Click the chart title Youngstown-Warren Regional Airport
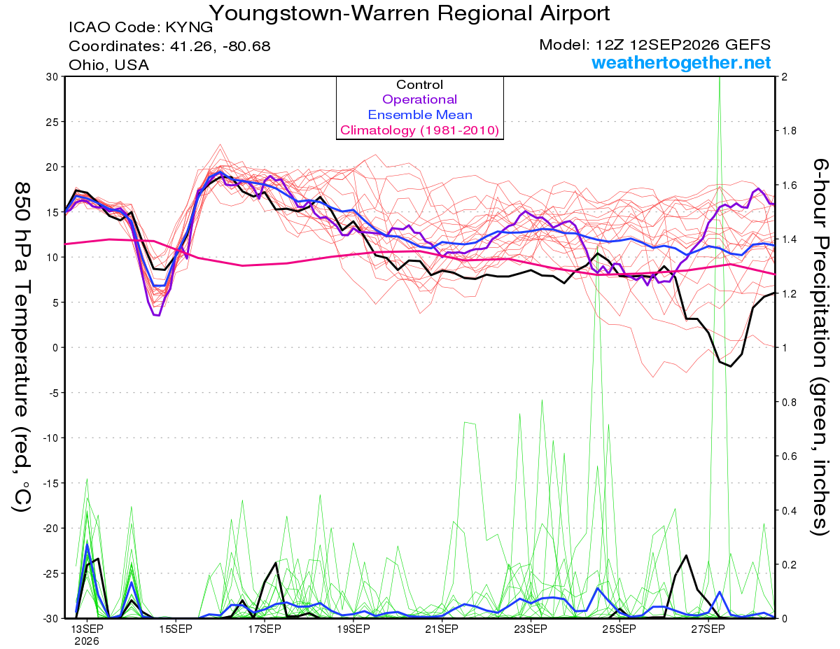409,13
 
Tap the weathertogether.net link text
681,62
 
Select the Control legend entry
419,85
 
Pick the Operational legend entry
419,99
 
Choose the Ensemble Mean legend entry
420,115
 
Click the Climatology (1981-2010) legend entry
420,130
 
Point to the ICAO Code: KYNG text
141,27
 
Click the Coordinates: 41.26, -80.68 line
169,46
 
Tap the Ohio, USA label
108,65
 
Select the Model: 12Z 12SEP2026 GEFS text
654,45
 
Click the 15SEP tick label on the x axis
176,629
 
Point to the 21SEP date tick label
442,629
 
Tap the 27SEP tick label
708,629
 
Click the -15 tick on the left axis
50,483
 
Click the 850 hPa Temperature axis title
22,347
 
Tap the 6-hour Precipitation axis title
820,347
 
